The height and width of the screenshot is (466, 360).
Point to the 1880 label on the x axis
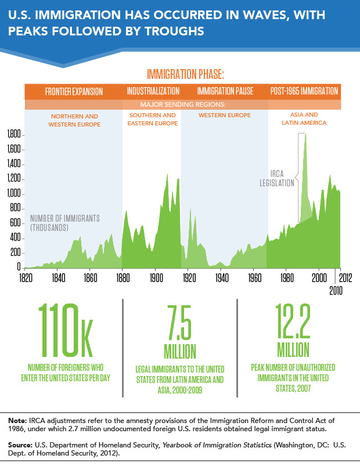click(123, 278)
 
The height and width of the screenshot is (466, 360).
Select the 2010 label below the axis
click(336, 289)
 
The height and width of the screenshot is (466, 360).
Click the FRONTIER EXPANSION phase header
click(74, 92)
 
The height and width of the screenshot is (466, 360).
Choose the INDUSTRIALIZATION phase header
click(153, 92)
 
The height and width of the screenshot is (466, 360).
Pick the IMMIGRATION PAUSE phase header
click(223, 92)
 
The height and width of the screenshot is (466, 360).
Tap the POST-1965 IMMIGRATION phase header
click(304, 92)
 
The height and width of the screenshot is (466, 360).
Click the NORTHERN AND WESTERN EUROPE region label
click(74, 120)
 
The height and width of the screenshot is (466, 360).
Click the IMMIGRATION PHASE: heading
click(185, 75)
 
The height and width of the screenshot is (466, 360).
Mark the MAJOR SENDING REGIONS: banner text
click(184, 104)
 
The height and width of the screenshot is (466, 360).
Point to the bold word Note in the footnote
click(18, 419)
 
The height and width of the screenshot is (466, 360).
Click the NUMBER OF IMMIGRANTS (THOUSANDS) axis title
click(65, 223)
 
